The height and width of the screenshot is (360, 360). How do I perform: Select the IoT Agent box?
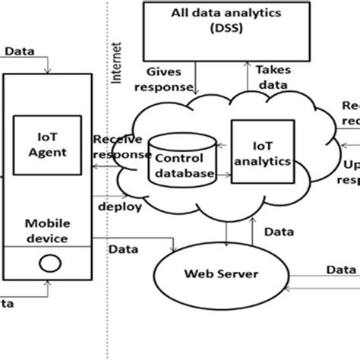click(48, 144)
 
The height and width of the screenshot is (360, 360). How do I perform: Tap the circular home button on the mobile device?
click(49, 265)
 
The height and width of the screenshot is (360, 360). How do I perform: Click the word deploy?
click(112, 204)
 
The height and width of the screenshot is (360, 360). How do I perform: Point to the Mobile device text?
click(48, 231)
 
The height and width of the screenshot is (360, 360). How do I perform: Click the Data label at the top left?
click(18, 52)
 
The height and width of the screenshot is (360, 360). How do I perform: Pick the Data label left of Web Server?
click(122, 248)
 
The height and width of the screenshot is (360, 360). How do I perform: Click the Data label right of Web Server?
click(340, 269)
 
